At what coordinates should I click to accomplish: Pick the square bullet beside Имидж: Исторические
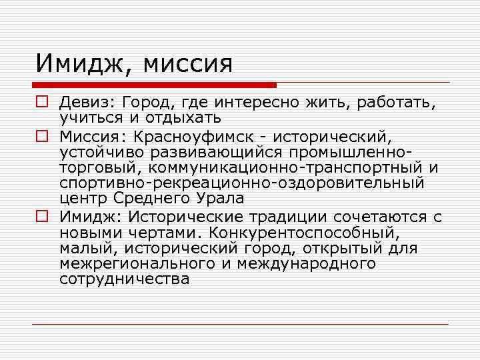41,217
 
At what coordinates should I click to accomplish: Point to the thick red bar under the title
154,85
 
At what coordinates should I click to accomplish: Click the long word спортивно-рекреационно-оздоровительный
241,183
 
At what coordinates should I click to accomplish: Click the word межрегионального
131,263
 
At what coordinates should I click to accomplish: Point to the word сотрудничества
124,279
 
